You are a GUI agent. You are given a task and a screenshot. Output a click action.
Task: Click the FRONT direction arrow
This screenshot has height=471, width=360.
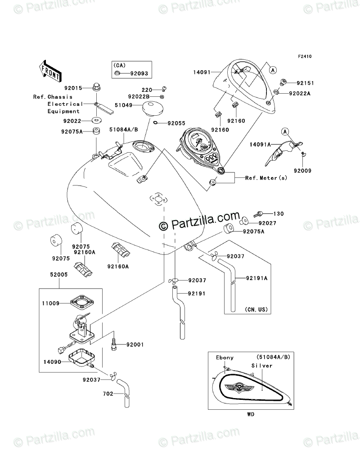click(50, 70)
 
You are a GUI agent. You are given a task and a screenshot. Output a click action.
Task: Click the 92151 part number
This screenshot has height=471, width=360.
click(304, 83)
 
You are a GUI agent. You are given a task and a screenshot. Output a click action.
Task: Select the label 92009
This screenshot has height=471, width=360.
click(303, 171)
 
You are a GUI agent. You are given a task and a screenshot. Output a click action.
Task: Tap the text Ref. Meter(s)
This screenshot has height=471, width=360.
click(265, 178)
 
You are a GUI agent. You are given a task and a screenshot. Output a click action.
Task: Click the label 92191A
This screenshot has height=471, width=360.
click(257, 278)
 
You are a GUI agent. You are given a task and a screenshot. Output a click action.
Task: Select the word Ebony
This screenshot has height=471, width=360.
click(225, 358)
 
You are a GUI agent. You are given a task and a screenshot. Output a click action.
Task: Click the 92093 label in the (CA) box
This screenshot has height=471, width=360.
click(139, 73)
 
